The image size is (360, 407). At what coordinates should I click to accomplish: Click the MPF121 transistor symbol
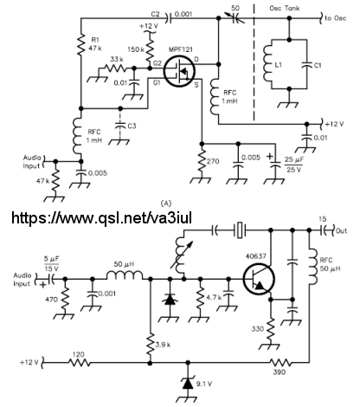(x=179, y=71)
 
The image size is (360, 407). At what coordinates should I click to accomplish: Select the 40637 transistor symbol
(x=259, y=279)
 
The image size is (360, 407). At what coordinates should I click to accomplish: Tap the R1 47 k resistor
(x=81, y=44)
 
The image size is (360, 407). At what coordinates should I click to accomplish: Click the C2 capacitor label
(x=155, y=14)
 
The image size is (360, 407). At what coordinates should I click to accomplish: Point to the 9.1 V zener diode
(x=188, y=384)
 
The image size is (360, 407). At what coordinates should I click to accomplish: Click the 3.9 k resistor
(x=150, y=345)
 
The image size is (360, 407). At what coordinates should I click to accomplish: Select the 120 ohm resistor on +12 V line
(x=80, y=362)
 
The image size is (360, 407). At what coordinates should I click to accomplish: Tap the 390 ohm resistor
(x=280, y=362)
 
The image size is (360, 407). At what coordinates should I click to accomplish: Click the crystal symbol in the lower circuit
(x=240, y=230)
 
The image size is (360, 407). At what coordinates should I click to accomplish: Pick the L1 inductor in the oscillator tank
(x=267, y=64)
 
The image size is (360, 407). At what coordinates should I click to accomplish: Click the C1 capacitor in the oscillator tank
(x=306, y=64)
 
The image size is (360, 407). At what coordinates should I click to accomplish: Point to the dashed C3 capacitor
(x=121, y=126)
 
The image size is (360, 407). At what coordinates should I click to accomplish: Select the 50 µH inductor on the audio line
(x=125, y=275)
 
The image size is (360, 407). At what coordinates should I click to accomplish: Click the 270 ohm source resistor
(x=202, y=162)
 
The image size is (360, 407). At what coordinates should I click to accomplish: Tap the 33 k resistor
(x=115, y=68)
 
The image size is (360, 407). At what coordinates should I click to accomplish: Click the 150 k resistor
(x=150, y=50)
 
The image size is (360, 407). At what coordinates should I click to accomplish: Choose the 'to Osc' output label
(x=336, y=18)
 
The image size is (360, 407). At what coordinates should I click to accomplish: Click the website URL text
(x=101, y=217)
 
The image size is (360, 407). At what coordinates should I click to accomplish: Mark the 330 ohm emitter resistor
(x=271, y=328)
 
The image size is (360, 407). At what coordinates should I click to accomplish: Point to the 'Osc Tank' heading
(x=285, y=8)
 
